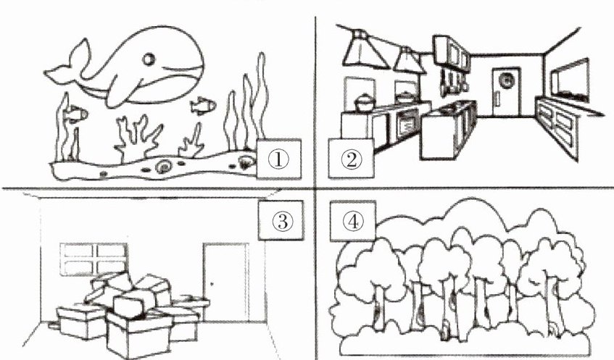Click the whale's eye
click(149, 59)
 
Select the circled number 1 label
click(279, 159)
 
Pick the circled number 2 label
click(351, 159)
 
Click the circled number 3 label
click(281, 220)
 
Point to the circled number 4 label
click(353, 221)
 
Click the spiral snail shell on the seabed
click(163, 167)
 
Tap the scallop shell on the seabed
click(245, 162)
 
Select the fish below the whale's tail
click(75, 114)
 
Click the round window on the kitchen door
click(507, 80)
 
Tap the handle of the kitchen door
click(497, 97)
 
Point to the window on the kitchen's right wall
click(570, 81)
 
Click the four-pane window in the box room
click(94, 259)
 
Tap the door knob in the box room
click(212, 284)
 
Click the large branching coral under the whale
click(137, 138)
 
